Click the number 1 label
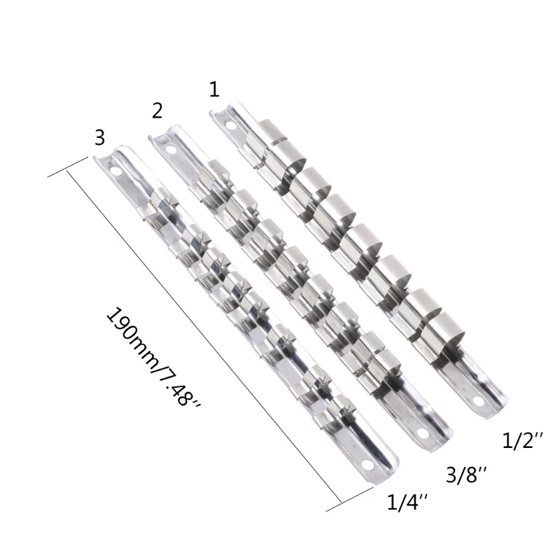coord(213,89)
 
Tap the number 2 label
coord(157,110)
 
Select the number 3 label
coord(99,136)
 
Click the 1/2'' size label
coord(519,442)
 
